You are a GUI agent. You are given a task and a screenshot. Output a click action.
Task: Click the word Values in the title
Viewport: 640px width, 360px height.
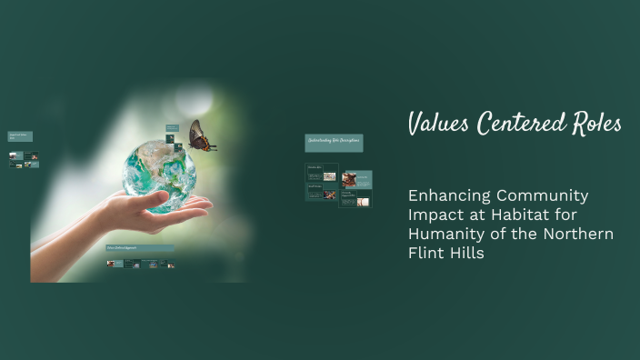tap(439, 123)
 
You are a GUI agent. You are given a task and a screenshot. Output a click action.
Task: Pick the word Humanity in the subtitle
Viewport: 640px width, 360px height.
tap(446, 235)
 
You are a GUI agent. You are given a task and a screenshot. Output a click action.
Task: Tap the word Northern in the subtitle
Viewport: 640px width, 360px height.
tap(578, 235)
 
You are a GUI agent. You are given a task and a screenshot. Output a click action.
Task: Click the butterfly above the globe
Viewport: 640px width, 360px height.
tap(200, 137)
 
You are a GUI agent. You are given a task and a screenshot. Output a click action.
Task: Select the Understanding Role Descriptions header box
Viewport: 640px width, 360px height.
tap(333, 142)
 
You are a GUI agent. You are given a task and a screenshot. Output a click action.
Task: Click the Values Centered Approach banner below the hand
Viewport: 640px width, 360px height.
tap(140, 247)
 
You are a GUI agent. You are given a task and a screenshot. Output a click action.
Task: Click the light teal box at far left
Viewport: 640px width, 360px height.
tap(20, 136)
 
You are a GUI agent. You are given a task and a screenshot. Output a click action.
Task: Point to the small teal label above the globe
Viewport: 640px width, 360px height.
tap(172, 129)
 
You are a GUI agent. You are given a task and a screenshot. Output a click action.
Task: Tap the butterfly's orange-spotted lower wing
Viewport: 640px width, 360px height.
tap(205, 145)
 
